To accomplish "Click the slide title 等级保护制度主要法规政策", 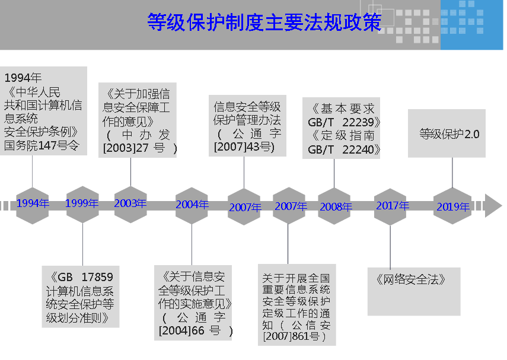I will tap(264, 22).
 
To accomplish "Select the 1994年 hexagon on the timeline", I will tap(33, 203).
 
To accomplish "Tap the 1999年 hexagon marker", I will tap(82, 203).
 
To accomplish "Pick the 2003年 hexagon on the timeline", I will tap(130, 203).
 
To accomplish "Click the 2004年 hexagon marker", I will tap(192, 205).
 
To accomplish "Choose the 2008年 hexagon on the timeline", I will tap(335, 206).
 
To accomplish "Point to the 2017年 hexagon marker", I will tap(391, 206).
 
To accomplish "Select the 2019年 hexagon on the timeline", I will tap(452, 206).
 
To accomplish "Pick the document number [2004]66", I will tap(181, 330).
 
